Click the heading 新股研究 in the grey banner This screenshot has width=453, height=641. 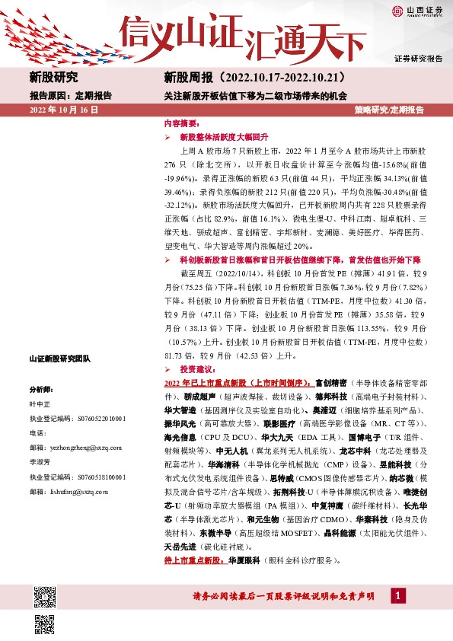(x=53, y=78)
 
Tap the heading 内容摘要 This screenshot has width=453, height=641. (x=182, y=123)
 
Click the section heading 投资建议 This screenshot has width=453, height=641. (x=199, y=368)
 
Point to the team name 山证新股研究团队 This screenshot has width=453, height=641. (x=59, y=358)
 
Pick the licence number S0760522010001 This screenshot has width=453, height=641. (x=104, y=419)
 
